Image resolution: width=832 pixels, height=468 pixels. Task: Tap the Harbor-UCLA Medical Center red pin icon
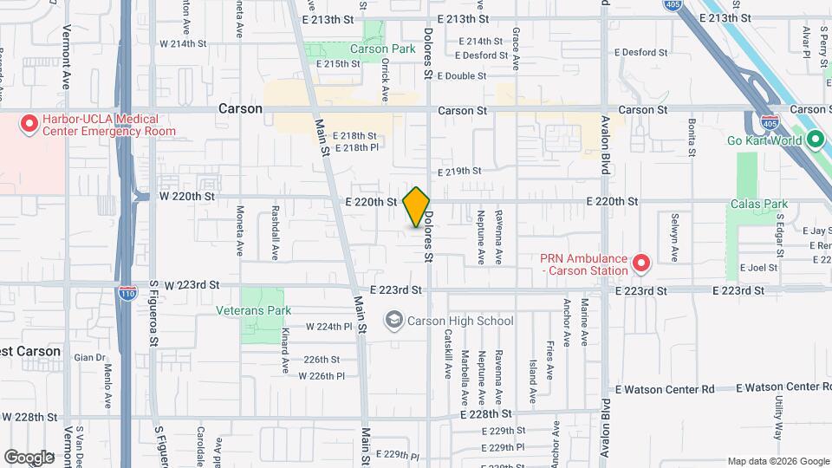tap(29, 124)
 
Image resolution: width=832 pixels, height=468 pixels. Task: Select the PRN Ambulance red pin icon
tap(640, 262)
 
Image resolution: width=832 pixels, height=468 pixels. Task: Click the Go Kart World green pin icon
tap(815, 139)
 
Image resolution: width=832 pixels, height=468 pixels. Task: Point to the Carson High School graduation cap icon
tap(394, 321)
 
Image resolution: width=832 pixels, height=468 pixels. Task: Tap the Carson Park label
tap(383, 49)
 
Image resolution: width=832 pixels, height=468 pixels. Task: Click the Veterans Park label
tap(254, 310)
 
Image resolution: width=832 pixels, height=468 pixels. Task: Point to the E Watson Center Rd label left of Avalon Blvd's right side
tap(665, 389)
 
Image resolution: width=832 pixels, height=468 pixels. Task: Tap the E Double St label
tap(462, 76)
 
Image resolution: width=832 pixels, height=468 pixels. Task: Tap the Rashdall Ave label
tap(276, 233)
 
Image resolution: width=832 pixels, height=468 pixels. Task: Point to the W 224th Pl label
tap(330, 327)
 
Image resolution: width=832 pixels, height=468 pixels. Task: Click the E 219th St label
tap(459, 172)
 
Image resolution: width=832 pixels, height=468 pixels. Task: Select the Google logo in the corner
tap(29, 457)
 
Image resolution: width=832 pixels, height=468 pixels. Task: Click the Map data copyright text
tap(777, 461)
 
